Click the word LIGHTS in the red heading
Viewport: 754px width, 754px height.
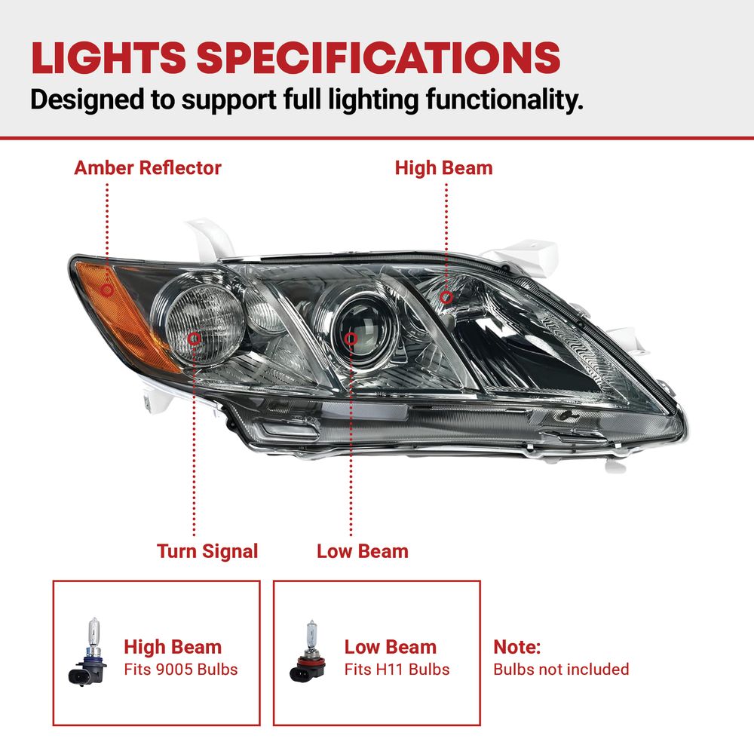point(109,58)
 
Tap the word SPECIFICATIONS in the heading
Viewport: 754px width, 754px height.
point(379,58)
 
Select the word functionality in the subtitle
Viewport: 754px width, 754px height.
point(504,100)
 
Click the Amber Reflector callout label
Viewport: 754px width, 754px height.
point(148,168)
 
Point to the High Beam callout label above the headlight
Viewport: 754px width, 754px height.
point(444,168)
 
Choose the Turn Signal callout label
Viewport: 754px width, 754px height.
point(207,551)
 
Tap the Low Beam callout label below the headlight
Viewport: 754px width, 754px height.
point(363,551)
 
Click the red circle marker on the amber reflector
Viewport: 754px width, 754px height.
point(107,290)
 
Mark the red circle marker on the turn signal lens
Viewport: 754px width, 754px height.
point(195,339)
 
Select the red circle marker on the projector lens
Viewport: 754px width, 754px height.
point(351,339)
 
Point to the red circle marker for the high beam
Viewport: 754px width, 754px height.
point(446,297)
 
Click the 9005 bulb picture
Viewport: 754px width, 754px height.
point(88,652)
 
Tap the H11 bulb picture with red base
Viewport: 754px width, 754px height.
point(308,651)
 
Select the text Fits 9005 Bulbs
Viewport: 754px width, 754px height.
point(181,670)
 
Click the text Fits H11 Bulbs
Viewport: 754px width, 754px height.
point(397,670)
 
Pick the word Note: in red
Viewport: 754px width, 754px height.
point(517,647)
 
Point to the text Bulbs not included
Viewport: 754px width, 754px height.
point(561,670)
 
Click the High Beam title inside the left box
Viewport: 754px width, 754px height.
point(173,647)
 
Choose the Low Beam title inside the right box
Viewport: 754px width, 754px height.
point(391,647)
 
